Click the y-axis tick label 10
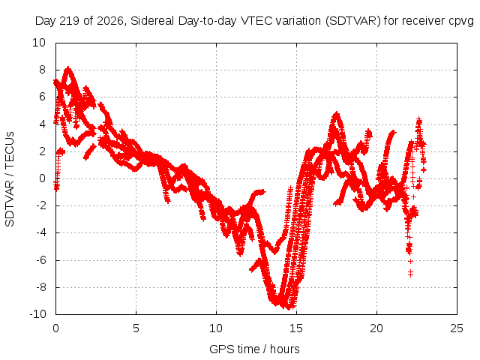(39, 43)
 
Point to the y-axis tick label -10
(37, 314)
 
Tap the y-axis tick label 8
(42, 70)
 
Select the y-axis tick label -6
(40, 260)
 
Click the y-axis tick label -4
(40, 233)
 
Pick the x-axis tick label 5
(136, 328)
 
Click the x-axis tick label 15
(296, 328)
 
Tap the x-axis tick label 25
(457, 328)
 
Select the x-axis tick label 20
(376, 328)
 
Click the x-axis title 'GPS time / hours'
(254, 349)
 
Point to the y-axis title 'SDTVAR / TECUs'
(10, 179)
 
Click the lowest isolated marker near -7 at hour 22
(410, 273)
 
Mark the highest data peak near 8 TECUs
(68, 68)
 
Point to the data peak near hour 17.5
(337, 113)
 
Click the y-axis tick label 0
(42, 178)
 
